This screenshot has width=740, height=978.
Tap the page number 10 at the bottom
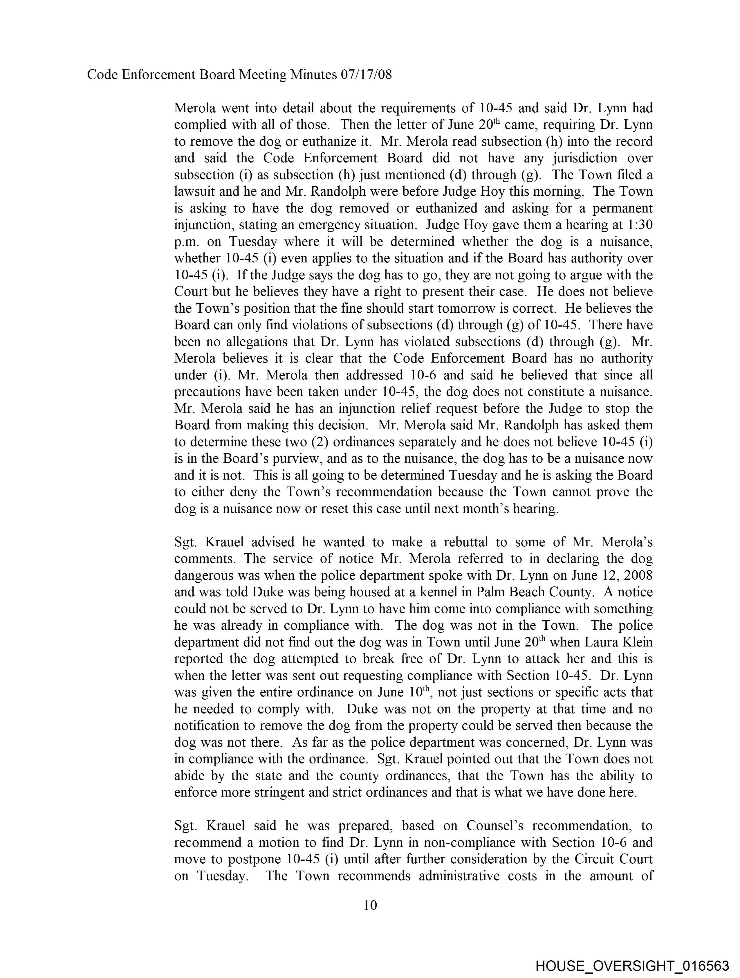click(x=370, y=905)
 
